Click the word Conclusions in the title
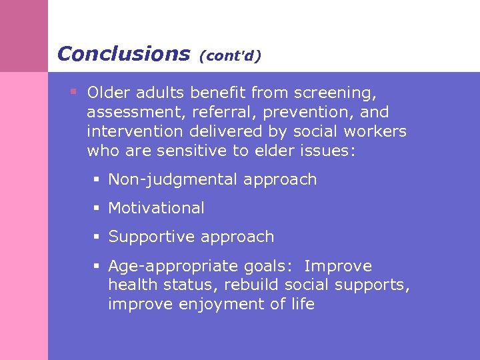pyautogui.click(x=123, y=53)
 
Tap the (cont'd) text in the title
pyautogui.click(x=229, y=55)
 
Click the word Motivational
pyautogui.click(x=156, y=208)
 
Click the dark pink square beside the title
pyautogui.click(x=24, y=35)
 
